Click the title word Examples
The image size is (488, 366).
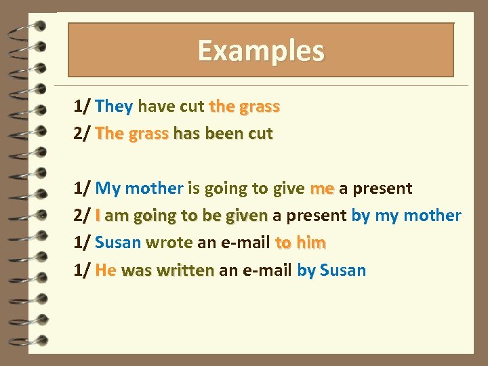pyautogui.click(x=261, y=51)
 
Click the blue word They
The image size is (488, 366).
pyautogui.click(x=115, y=106)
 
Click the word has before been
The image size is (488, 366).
pyautogui.click(x=185, y=134)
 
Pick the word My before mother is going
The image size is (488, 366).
pyautogui.click(x=108, y=188)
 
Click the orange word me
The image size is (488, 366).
pyautogui.click(x=322, y=188)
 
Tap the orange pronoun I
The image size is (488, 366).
pyautogui.click(x=99, y=216)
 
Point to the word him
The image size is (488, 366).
pyautogui.click(x=311, y=243)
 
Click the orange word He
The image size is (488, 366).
pyautogui.click(x=106, y=270)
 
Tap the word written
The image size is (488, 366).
pyautogui.click(x=185, y=270)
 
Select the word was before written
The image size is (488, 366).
pyautogui.click(x=137, y=270)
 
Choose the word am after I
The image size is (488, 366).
pyautogui.click(x=117, y=216)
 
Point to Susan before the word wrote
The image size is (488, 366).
pyautogui.click(x=118, y=243)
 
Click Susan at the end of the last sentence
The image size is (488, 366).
pyautogui.click(x=342, y=270)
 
